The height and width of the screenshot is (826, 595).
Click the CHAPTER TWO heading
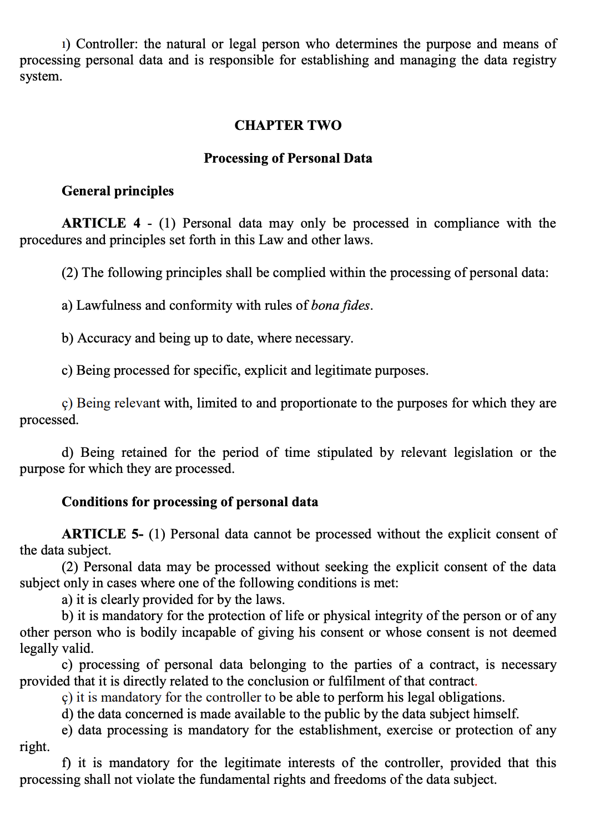point(288,125)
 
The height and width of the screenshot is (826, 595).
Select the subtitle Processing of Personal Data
point(288,158)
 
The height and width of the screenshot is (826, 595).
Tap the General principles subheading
point(118,191)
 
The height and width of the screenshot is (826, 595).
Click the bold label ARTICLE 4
point(101,223)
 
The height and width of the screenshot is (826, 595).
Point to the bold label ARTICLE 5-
point(103,534)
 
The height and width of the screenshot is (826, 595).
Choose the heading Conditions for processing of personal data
point(190,502)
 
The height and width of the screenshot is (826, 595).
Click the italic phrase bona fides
point(340,305)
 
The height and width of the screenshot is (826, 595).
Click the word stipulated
point(344,452)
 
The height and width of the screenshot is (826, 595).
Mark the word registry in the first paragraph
point(532,60)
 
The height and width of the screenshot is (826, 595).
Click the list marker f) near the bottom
point(67,763)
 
